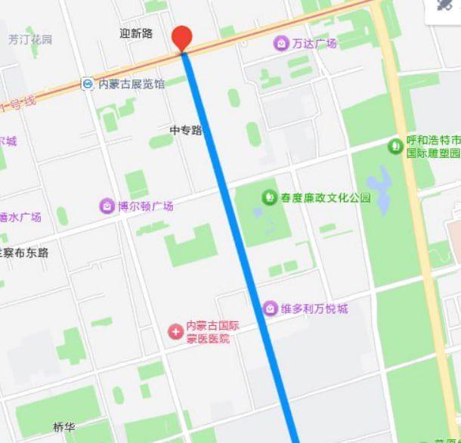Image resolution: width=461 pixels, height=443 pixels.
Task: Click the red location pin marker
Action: pyautogui.click(x=182, y=38)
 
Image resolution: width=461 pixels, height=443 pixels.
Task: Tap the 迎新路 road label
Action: pyautogui.click(x=136, y=33)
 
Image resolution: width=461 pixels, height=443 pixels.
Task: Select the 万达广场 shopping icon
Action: pyautogui.click(x=281, y=43)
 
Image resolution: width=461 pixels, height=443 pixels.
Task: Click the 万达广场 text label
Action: pyautogui.click(x=314, y=43)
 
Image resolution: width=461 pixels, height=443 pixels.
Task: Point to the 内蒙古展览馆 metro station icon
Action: pyautogui.click(x=88, y=84)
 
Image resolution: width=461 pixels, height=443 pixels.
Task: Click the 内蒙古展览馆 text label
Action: pyautogui.click(x=131, y=84)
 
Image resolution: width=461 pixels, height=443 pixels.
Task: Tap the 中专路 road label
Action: pyautogui.click(x=186, y=130)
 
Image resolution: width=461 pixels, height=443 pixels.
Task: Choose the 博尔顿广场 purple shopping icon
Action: pyautogui.click(x=107, y=206)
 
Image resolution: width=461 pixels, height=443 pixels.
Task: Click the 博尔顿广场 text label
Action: pyautogui.click(x=146, y=206)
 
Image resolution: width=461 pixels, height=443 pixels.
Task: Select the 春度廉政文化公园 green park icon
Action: pyautogui.click(x=269, y=198)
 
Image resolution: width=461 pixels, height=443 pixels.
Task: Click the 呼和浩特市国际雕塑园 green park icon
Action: pyautogui.click(x=394, y=145)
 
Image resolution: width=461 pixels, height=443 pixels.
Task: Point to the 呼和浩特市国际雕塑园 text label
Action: pyautogui.click(x=433, y=147)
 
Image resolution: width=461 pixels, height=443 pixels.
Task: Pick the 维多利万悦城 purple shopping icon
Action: pyautogui.click(x=270, y=308)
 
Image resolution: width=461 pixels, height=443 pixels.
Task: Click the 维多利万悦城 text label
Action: pyautogui.click(x=314, y=308)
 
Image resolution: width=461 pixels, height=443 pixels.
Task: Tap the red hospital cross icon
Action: pyautogui.click(x=175, y=332)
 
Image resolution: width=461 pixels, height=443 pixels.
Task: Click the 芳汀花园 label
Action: pyautogui.click(x=31, y=39)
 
